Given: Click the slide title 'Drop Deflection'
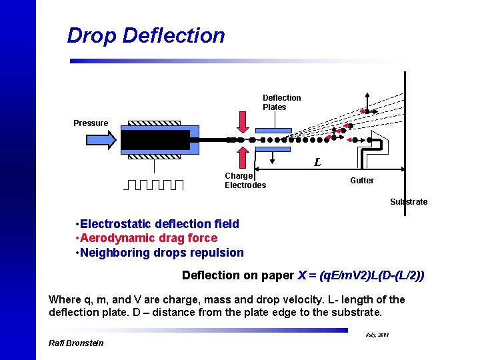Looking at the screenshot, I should tap(146, 35).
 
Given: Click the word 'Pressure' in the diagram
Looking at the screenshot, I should tap(91, 123).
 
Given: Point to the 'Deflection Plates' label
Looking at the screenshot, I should tap(281, 102).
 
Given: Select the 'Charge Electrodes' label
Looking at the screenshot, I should tap(245, 180).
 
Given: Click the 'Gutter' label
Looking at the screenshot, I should tap(362, 180).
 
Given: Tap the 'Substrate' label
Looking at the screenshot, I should tap(409, 201).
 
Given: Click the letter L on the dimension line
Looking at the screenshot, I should tap(317, 162).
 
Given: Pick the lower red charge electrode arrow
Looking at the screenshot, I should tap(243, 157).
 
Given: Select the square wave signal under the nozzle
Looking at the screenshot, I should tap(154, 184).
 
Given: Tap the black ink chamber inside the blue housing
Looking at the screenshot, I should tap(157, 140).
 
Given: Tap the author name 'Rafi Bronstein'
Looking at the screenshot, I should tap(76, 343).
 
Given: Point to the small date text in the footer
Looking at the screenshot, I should tap(377, 335).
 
